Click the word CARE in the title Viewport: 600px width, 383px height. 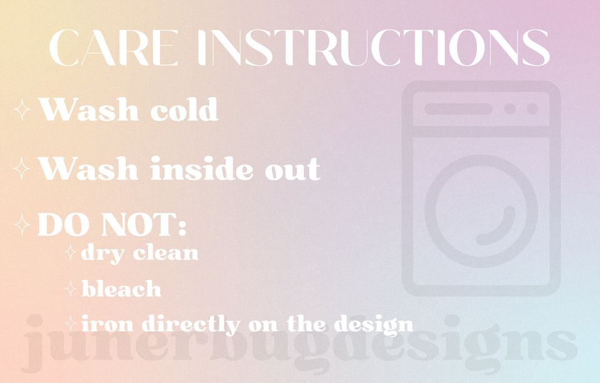[x=114, y=47]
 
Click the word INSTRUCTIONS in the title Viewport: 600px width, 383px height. [x=374, y=47]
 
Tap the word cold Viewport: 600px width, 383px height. [x=184, y=109]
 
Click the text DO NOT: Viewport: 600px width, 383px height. [x=112, y=224]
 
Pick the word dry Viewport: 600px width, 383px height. [x=103, y=254]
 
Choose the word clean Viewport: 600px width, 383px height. [x=167, y=252]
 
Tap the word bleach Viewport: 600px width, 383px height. [x=121, y=289]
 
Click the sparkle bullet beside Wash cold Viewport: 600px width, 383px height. [x=22, y=109]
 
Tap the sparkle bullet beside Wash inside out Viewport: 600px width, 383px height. [x=22, y=168]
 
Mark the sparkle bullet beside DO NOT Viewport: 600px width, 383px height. [x=22, y=224]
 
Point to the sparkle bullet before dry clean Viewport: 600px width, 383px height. [x=71, y=252]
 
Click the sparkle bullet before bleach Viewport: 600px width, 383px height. [x=71, y=289]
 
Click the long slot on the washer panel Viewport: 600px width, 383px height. [x=458, y=109]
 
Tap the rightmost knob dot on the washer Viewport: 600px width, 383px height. [x=532, y=109]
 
